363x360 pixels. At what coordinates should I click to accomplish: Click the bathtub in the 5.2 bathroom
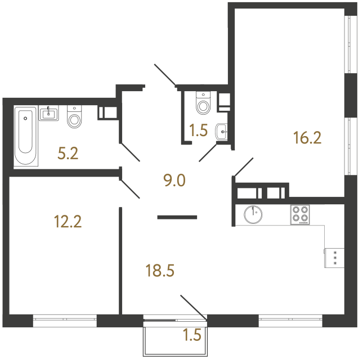click(x=25, y=135)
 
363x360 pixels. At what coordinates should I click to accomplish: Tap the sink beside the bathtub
click(x=50, y=114)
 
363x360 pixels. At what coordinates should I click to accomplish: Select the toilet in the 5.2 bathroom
click(x=74, y=117)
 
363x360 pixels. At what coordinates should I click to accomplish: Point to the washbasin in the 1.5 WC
click(x=223, y=133)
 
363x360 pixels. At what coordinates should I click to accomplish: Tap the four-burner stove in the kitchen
click(x=301, y=215)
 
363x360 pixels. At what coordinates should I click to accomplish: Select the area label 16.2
click(x=307, y=137)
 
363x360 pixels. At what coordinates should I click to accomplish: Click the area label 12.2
click(x=68, y=222)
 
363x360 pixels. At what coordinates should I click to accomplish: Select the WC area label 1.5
click(x=199, y=130)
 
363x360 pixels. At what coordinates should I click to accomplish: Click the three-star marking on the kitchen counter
click(x=335, y=258)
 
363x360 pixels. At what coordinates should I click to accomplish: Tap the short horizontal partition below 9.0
click(x=177, y=216)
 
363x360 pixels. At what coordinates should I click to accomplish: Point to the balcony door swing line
click(x=193, y=307)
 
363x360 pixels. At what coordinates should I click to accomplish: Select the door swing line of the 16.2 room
click(x=243, y=166)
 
